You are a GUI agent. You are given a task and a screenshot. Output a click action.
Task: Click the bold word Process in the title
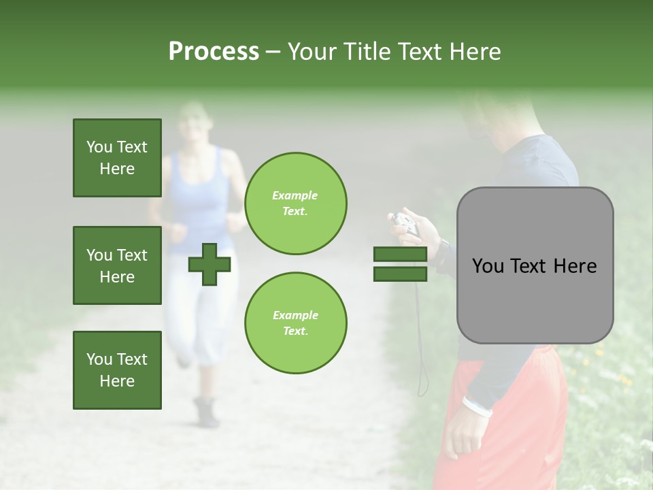[214, 52]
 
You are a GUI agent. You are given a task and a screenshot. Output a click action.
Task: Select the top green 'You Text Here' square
[117, 158]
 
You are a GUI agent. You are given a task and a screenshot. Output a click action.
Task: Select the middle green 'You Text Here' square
[117, 265]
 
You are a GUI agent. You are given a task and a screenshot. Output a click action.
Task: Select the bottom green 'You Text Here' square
[117, 370]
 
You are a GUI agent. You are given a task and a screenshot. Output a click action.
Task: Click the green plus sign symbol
[210, 264]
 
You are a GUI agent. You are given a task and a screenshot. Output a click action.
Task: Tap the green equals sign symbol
[400, 264]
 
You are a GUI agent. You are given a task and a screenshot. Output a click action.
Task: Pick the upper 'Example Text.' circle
[295, 203]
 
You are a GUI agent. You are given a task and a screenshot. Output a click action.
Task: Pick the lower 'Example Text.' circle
[295, 323]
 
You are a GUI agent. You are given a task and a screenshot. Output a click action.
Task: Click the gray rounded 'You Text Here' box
[535, 265]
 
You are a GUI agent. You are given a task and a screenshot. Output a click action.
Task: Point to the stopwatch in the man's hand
[406, 223]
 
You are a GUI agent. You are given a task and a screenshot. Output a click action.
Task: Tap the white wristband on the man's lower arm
[477, 406]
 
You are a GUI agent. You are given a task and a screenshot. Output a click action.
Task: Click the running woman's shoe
[206, 412]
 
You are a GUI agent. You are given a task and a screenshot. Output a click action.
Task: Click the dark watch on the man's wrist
[442, 251]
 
